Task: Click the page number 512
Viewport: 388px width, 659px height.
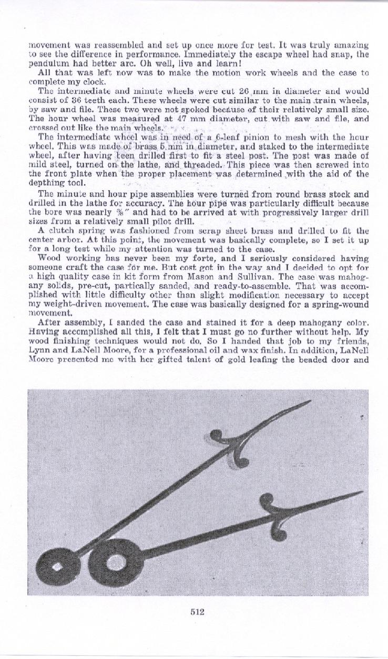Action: point(197,611)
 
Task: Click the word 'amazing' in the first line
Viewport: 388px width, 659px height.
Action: point(352,45)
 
